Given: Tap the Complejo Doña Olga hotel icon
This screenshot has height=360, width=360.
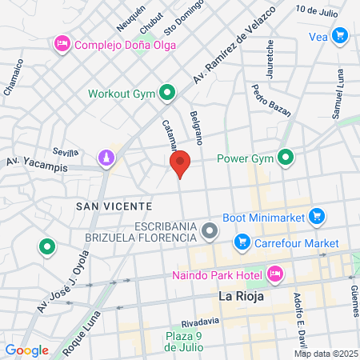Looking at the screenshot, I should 62,45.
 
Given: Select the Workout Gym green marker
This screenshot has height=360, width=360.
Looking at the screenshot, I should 168,93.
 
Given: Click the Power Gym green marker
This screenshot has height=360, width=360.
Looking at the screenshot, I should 284,158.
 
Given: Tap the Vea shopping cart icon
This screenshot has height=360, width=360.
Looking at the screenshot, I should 341,35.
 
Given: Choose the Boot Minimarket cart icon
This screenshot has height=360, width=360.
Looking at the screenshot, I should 317,215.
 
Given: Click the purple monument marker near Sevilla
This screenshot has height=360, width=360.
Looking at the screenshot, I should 105,158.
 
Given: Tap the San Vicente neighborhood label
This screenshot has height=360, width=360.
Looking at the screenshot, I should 109,206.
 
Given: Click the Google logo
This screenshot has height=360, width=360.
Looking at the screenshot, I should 26,350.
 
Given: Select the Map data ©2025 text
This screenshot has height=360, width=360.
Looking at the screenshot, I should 326,354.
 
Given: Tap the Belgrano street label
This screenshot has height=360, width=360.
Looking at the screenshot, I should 198,128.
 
